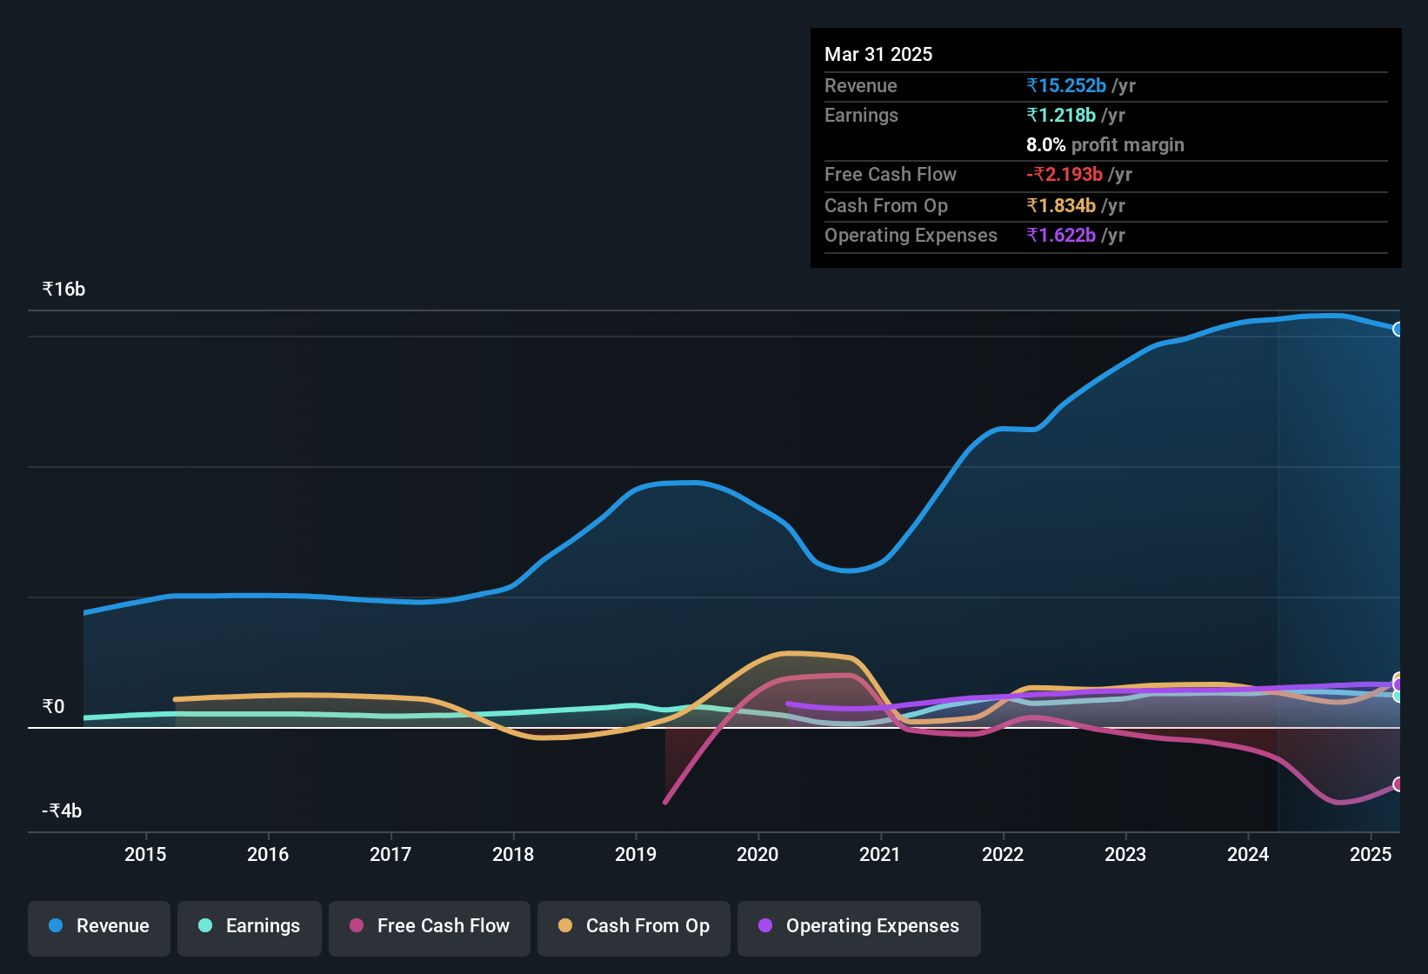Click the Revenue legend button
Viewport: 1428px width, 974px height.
[x=99, y=926]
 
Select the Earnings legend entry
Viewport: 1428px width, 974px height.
[x=250, y=926]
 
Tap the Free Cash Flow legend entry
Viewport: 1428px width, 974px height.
[x=430, y=926]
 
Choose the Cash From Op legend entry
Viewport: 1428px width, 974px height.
[x=634, y=926]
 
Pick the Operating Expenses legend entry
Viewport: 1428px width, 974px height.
[x=859, y=926]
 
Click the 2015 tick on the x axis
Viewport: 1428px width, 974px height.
[x=145, y=854]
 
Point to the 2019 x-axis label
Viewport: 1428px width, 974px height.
[x=636, y=854]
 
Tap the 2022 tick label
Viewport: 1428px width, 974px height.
[x=1003, y=854]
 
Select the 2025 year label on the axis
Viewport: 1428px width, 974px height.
[x=1371, y=854]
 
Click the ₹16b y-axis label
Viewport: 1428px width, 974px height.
[x=64, y=290]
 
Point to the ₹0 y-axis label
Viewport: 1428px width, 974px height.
[x=54, y=706]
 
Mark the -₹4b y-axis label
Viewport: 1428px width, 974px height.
[x=62, y=811]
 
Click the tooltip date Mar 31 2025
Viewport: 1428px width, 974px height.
[x=878, y=54]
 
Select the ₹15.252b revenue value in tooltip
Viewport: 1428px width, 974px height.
[x=1066, y=85]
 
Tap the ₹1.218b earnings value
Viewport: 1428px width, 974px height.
[x=1061, y=115]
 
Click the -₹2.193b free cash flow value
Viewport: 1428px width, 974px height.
[x=1064, y=174]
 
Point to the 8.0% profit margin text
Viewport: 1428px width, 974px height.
[x=1104, y=144]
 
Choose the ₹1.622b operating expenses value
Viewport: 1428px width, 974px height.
[x=1061, y=235]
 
